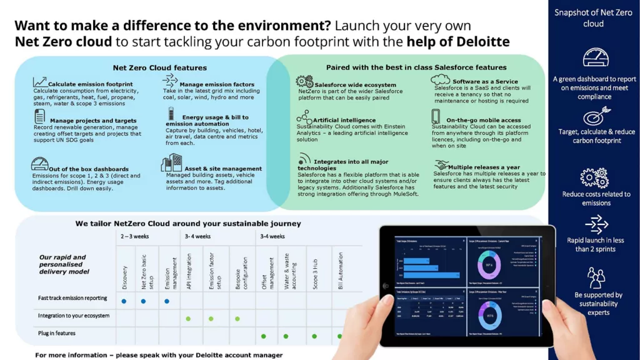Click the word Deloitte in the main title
(481, 42)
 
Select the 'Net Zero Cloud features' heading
(159, 67)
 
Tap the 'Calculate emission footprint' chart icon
(40, 82)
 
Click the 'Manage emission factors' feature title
(216, 84)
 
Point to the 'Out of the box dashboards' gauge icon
(40, 164)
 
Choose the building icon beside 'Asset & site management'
(171, 163)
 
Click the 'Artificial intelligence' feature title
(344, 120)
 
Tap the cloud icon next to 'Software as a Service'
(440, 79)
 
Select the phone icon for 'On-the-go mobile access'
(436, 116)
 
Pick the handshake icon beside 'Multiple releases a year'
(442, 166)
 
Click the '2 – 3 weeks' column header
(135, 236)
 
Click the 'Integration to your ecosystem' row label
(74, 316)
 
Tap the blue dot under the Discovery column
(124, 301)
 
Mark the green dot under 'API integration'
(188, 319)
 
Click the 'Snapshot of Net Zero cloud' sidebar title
(593, 19)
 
